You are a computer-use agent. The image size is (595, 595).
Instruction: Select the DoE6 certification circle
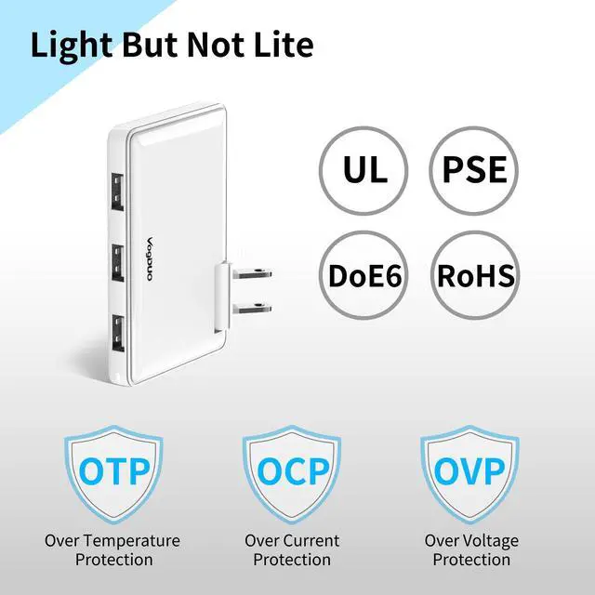point(365,276)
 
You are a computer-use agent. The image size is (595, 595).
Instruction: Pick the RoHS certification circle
point(475,276)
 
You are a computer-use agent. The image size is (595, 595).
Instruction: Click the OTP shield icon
point(113,470)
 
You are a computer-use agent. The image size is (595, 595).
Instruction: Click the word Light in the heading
point(72,46)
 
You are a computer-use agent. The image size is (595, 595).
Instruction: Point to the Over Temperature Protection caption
point(113,549)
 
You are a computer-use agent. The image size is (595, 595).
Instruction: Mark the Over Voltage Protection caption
point(471,549)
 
